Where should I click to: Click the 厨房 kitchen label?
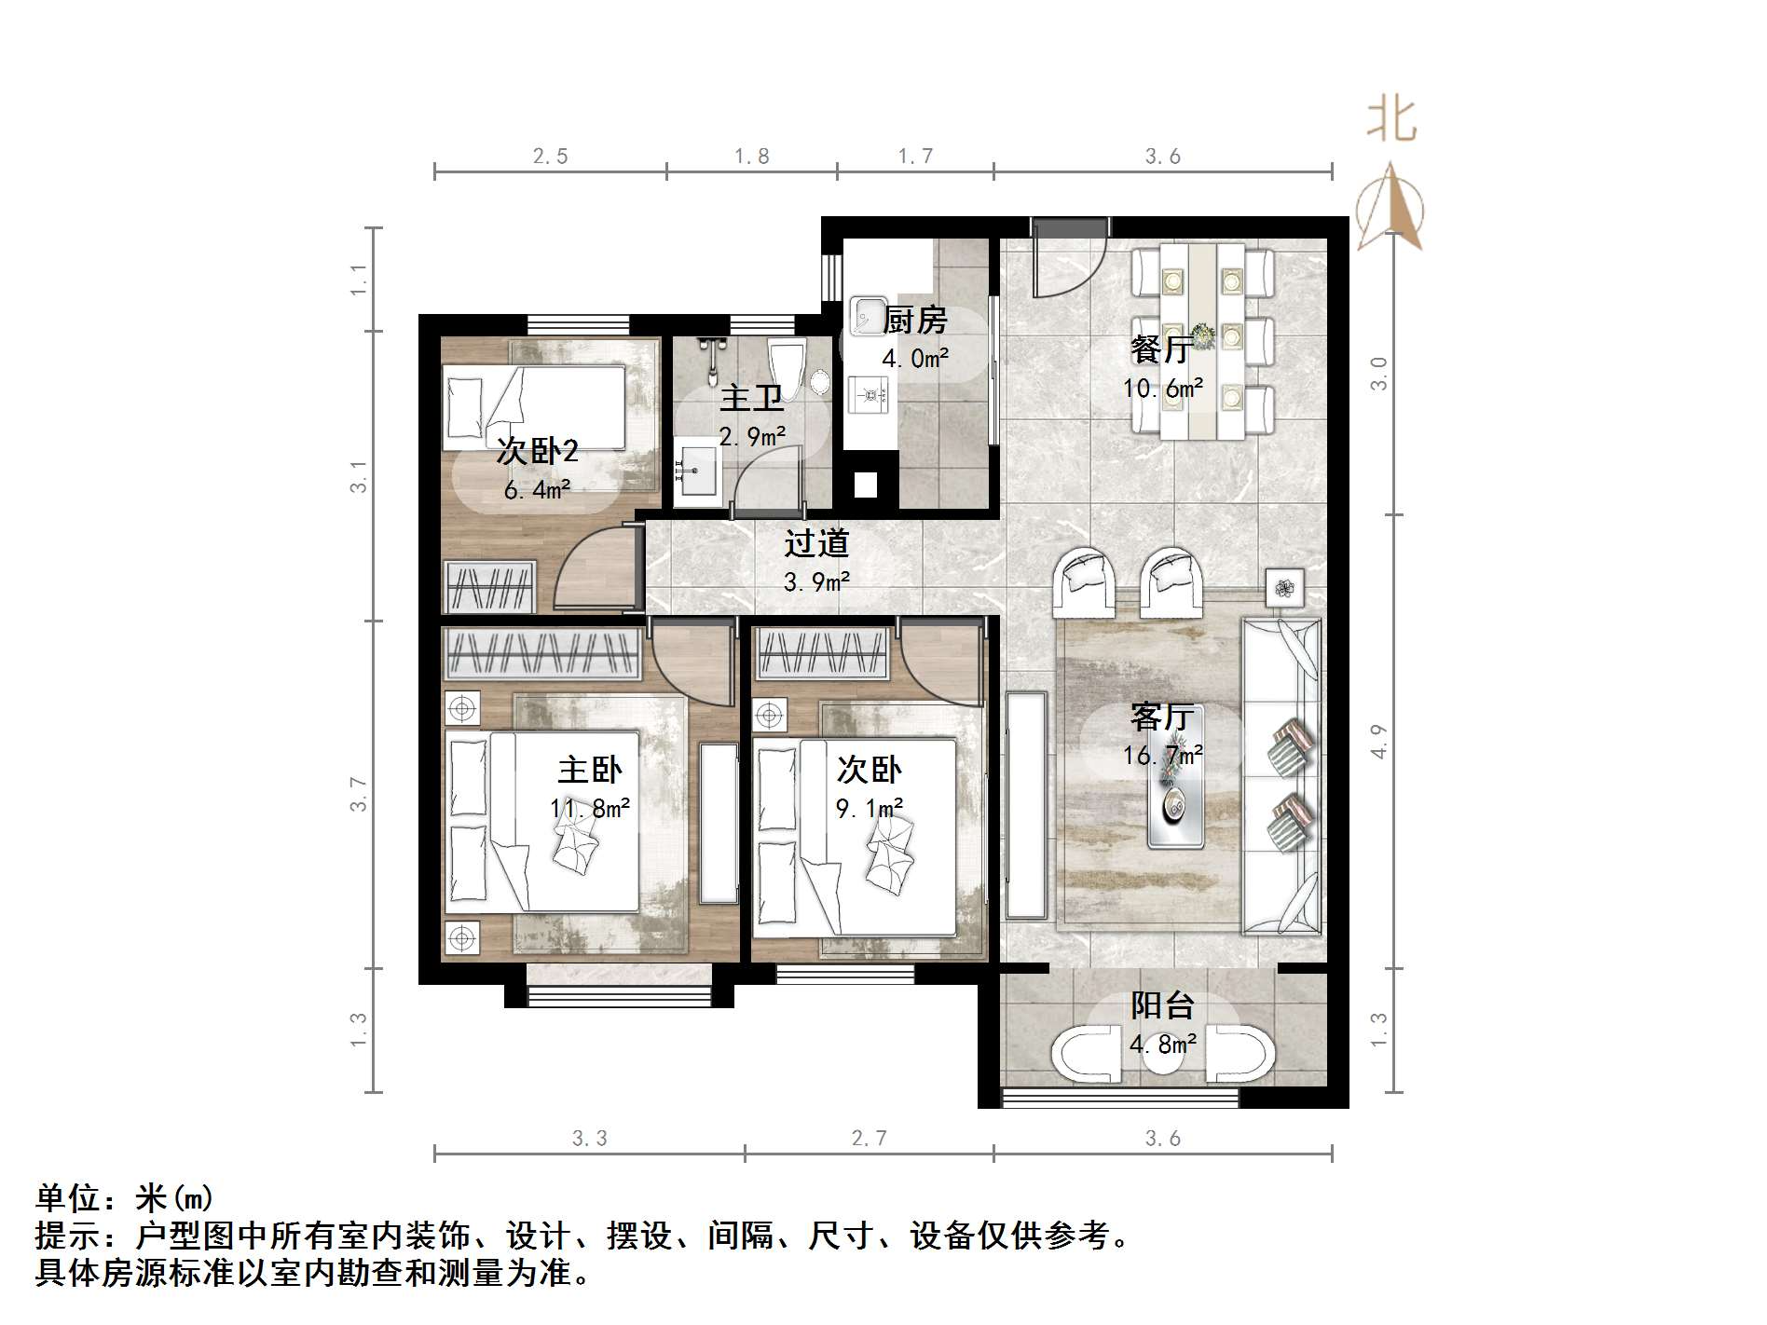915,321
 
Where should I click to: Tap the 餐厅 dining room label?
1160,350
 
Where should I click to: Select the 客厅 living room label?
1161,717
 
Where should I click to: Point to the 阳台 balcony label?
1162,1006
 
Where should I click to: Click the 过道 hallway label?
816,543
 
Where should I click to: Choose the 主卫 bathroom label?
751,399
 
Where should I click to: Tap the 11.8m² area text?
590,808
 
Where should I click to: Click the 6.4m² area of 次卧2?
537,489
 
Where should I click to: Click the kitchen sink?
868,314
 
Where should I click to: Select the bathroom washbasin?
696,471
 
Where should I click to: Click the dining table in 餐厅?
1202,340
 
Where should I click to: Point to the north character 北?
1391,121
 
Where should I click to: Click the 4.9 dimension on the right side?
1379,741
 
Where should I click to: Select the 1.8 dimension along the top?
751,157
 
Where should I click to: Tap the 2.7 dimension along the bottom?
869,1138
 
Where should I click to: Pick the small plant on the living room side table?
1285,587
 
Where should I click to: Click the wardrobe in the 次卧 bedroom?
822,651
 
